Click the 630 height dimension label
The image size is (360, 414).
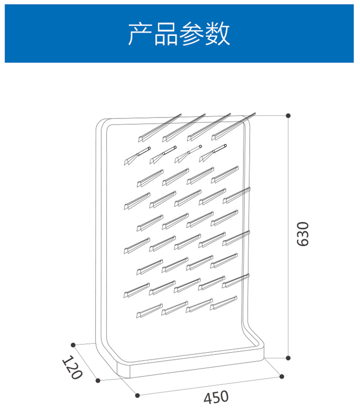[x=303, y=234]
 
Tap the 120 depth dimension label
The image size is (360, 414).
[x=72, y=368]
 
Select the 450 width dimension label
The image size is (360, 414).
[x=216, y=397]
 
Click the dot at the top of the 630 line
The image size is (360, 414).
[x=288, y=116]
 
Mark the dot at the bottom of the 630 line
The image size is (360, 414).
[x=288, y=358]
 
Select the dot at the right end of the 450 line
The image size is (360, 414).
[x=282, y=376]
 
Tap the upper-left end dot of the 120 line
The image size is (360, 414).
[x=73, y=344]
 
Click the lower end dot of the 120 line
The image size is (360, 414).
[x=98, y=380]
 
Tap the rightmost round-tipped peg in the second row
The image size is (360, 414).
[x=213, y=152]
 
